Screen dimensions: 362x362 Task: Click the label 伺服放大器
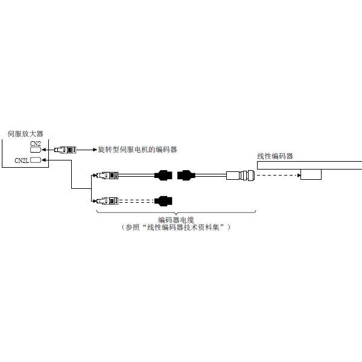click(x=25, y=134)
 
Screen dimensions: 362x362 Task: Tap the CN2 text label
click(x=36, y=144)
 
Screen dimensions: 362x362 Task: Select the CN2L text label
click(x=22, y=160)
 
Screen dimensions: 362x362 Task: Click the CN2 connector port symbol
click(x=36, y=150)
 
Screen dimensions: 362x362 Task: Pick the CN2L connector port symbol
click(x=36, y=160)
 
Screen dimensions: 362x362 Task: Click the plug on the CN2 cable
click(x=65, y=150)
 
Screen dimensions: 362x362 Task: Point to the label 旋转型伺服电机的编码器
click(x=138, y=150)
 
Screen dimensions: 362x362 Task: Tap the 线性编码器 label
click(x=275, y=156)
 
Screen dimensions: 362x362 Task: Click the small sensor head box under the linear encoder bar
click(x=311, y=174)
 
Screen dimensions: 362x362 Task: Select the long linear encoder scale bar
click(x=310, y=165)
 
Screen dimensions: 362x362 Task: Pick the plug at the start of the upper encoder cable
click(x=107, y=176)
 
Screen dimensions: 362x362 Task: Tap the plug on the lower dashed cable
click(x=107, y=201)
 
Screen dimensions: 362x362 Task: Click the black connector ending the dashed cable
click(x=164, y=201)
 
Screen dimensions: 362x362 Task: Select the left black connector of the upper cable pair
click(x=164, y=176)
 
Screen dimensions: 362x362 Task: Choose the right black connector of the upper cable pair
click(x=186, y=176)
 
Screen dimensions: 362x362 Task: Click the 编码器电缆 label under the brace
click(x=176, y=220)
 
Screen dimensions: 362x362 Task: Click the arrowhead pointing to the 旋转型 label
click(x=95, y=150)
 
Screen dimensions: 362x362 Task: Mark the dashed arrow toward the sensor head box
click(x=279, y=176)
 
